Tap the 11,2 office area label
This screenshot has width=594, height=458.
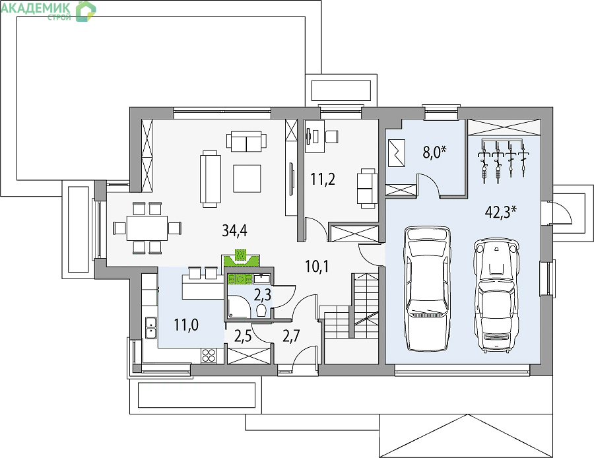click(x=323, y=180)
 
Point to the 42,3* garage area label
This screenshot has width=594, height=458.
click(x=501, y=212)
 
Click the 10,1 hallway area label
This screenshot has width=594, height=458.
click(x=317, y=267)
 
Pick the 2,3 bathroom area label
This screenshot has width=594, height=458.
click(x=263, y=294)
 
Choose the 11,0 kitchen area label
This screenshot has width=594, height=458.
click(x=186, y=325)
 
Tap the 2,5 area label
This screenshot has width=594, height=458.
click(x=243, y=337)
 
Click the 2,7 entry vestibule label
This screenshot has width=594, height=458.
click(x=291, y=336)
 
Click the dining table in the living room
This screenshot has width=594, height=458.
click(x=147, y=228)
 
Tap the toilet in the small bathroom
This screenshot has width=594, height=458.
click(x=261, y=311)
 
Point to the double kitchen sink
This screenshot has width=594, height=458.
click(x=150, y=327)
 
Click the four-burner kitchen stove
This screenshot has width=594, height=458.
click(x=208, y=356)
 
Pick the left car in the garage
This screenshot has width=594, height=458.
click(x=427, y=288)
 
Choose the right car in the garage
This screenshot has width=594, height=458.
click(x=496, y=296)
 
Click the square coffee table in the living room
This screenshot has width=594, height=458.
click(x=247, y=178)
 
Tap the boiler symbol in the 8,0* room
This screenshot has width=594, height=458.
click(x=396, y=153)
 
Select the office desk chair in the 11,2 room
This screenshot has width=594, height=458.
click(x=331, y=136)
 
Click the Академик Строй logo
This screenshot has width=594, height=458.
click(x=48, y=10)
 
